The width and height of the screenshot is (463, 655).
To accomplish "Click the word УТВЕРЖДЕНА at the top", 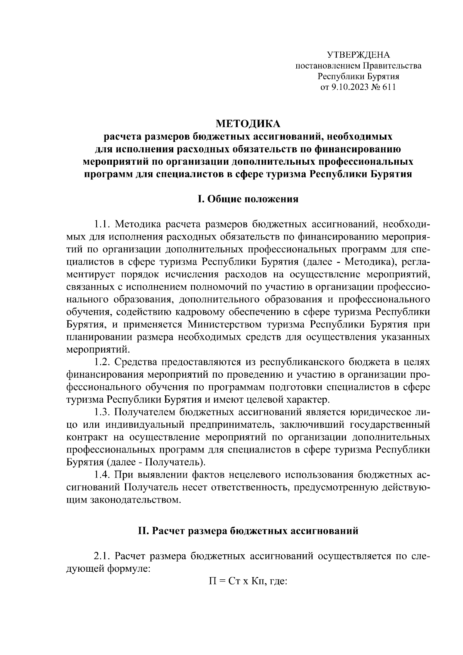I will [358, 55].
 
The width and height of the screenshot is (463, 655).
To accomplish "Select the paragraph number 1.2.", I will [103, 363].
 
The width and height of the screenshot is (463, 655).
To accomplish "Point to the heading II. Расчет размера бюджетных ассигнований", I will [248, 531].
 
